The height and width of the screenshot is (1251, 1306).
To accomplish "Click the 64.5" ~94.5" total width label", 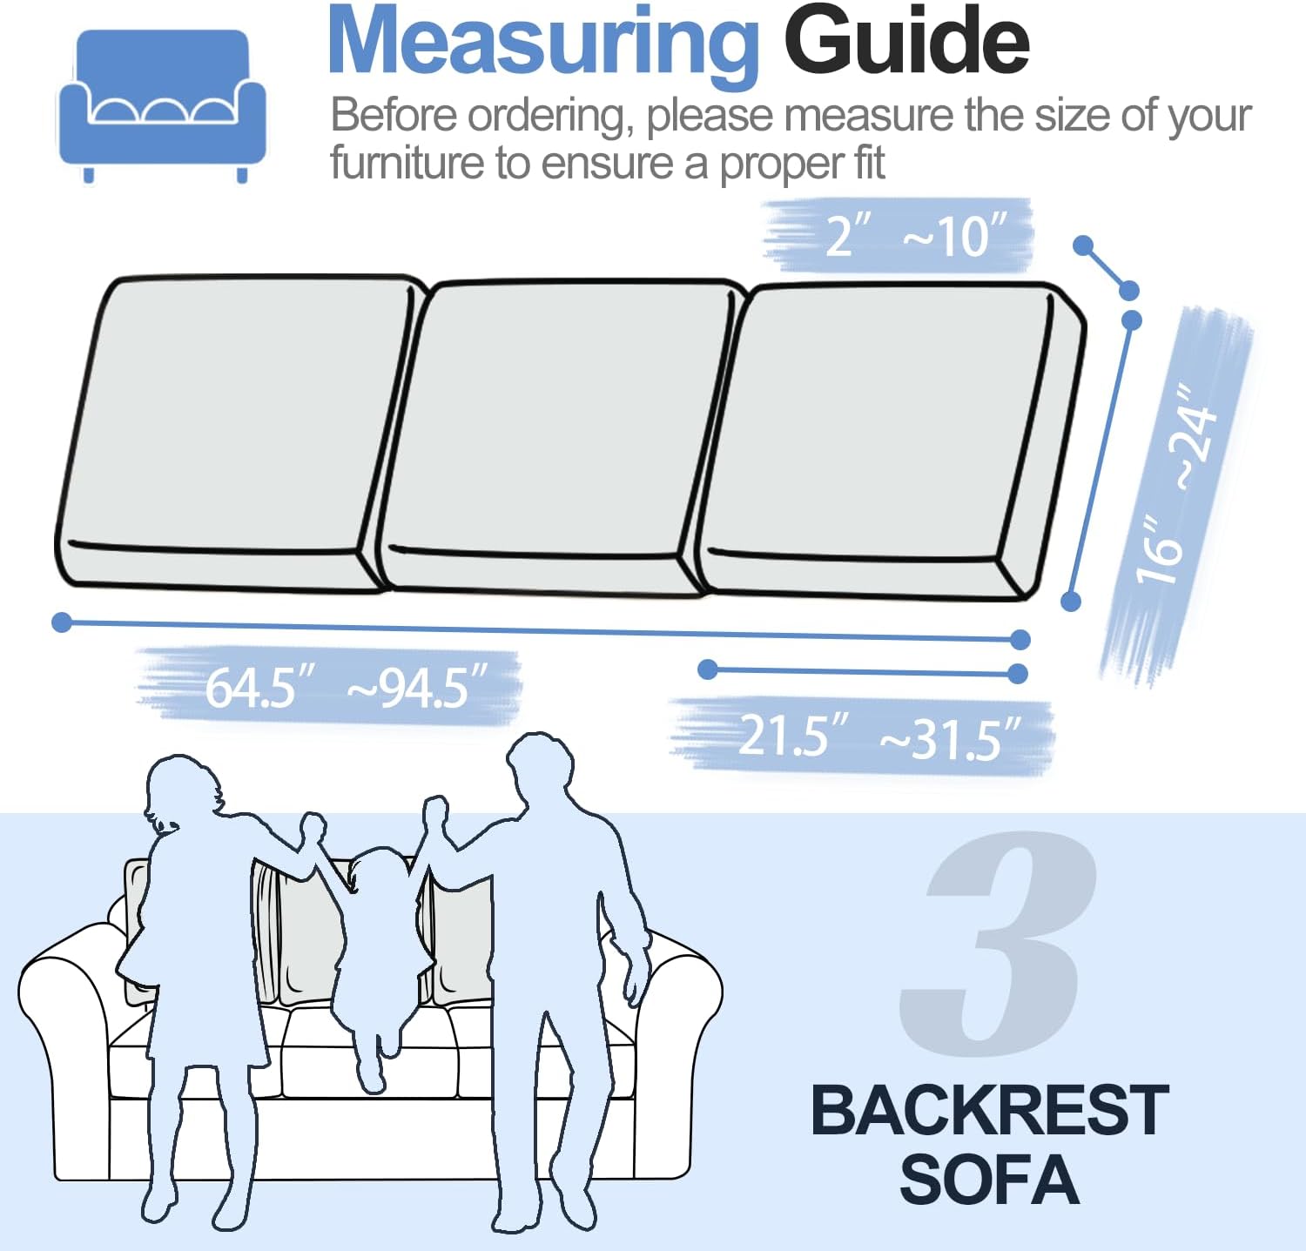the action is tap(346, 687).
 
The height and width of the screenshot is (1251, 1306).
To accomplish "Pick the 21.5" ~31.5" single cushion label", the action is tap(879, 736).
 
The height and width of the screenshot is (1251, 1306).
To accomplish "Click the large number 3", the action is tap(997, 942).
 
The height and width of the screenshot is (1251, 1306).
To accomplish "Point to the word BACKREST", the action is tap(990, 1110).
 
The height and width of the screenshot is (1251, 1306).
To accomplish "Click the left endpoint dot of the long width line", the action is tap(62, 622).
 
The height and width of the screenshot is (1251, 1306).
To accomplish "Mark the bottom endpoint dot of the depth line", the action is tap(1071, 601).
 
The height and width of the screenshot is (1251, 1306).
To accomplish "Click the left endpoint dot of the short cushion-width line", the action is tap(708, 669).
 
